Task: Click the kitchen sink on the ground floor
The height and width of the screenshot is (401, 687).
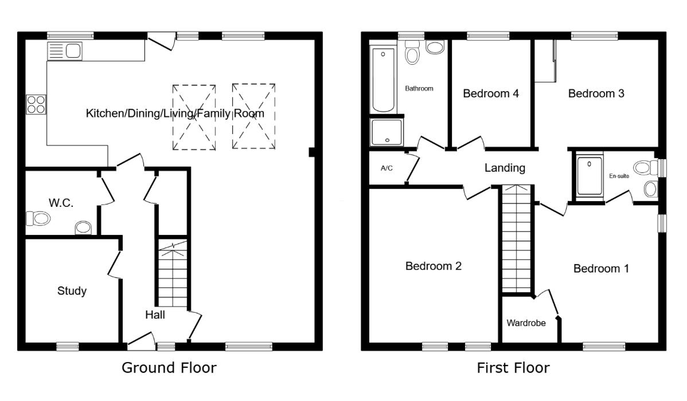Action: pyautogui.click(x=64, y=51)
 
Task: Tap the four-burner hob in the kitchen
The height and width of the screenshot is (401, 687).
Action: pyautogui.click(x=36, y=104)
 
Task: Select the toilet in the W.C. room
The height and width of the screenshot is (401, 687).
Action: pyautogui.click(x=38, y=218)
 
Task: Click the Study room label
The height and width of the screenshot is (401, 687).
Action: pyautogui.click(x=72, y=291)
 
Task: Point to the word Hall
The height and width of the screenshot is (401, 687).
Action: pyautogui.click(x=155, y=314)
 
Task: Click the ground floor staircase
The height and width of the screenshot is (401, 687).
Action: pyautogui.click(x=173, y=275)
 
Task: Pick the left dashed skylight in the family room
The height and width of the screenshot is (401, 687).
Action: pyautogui.click(x=194, y=117)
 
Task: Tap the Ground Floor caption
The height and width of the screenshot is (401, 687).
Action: pyautogui.click(x=169, y=367)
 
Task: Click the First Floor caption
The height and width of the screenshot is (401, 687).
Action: pyautogui.click(x=513, y=367)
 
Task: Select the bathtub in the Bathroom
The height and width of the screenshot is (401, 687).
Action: pyautogui.click(x=384, y=80)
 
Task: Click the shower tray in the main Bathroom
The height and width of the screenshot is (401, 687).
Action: pyautogui.click(x=387, y=132)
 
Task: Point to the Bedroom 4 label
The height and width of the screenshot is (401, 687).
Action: pyautogui.click(x=491, y=93)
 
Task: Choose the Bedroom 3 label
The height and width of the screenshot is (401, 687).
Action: pyautogui.click(x=596, y=93)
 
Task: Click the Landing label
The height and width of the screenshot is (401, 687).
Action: pyautogui.click(x=505, y=168)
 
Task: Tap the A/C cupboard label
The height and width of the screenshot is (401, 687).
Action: pyautogui.click(x=386, y=169)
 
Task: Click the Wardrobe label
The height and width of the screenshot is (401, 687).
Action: pyautogui.click(x=525, y=323)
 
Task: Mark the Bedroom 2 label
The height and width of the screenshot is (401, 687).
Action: pyautogui.click(x=434, y=266)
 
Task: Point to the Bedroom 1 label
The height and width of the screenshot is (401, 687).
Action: pyautogui.click(x=601, y=268)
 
